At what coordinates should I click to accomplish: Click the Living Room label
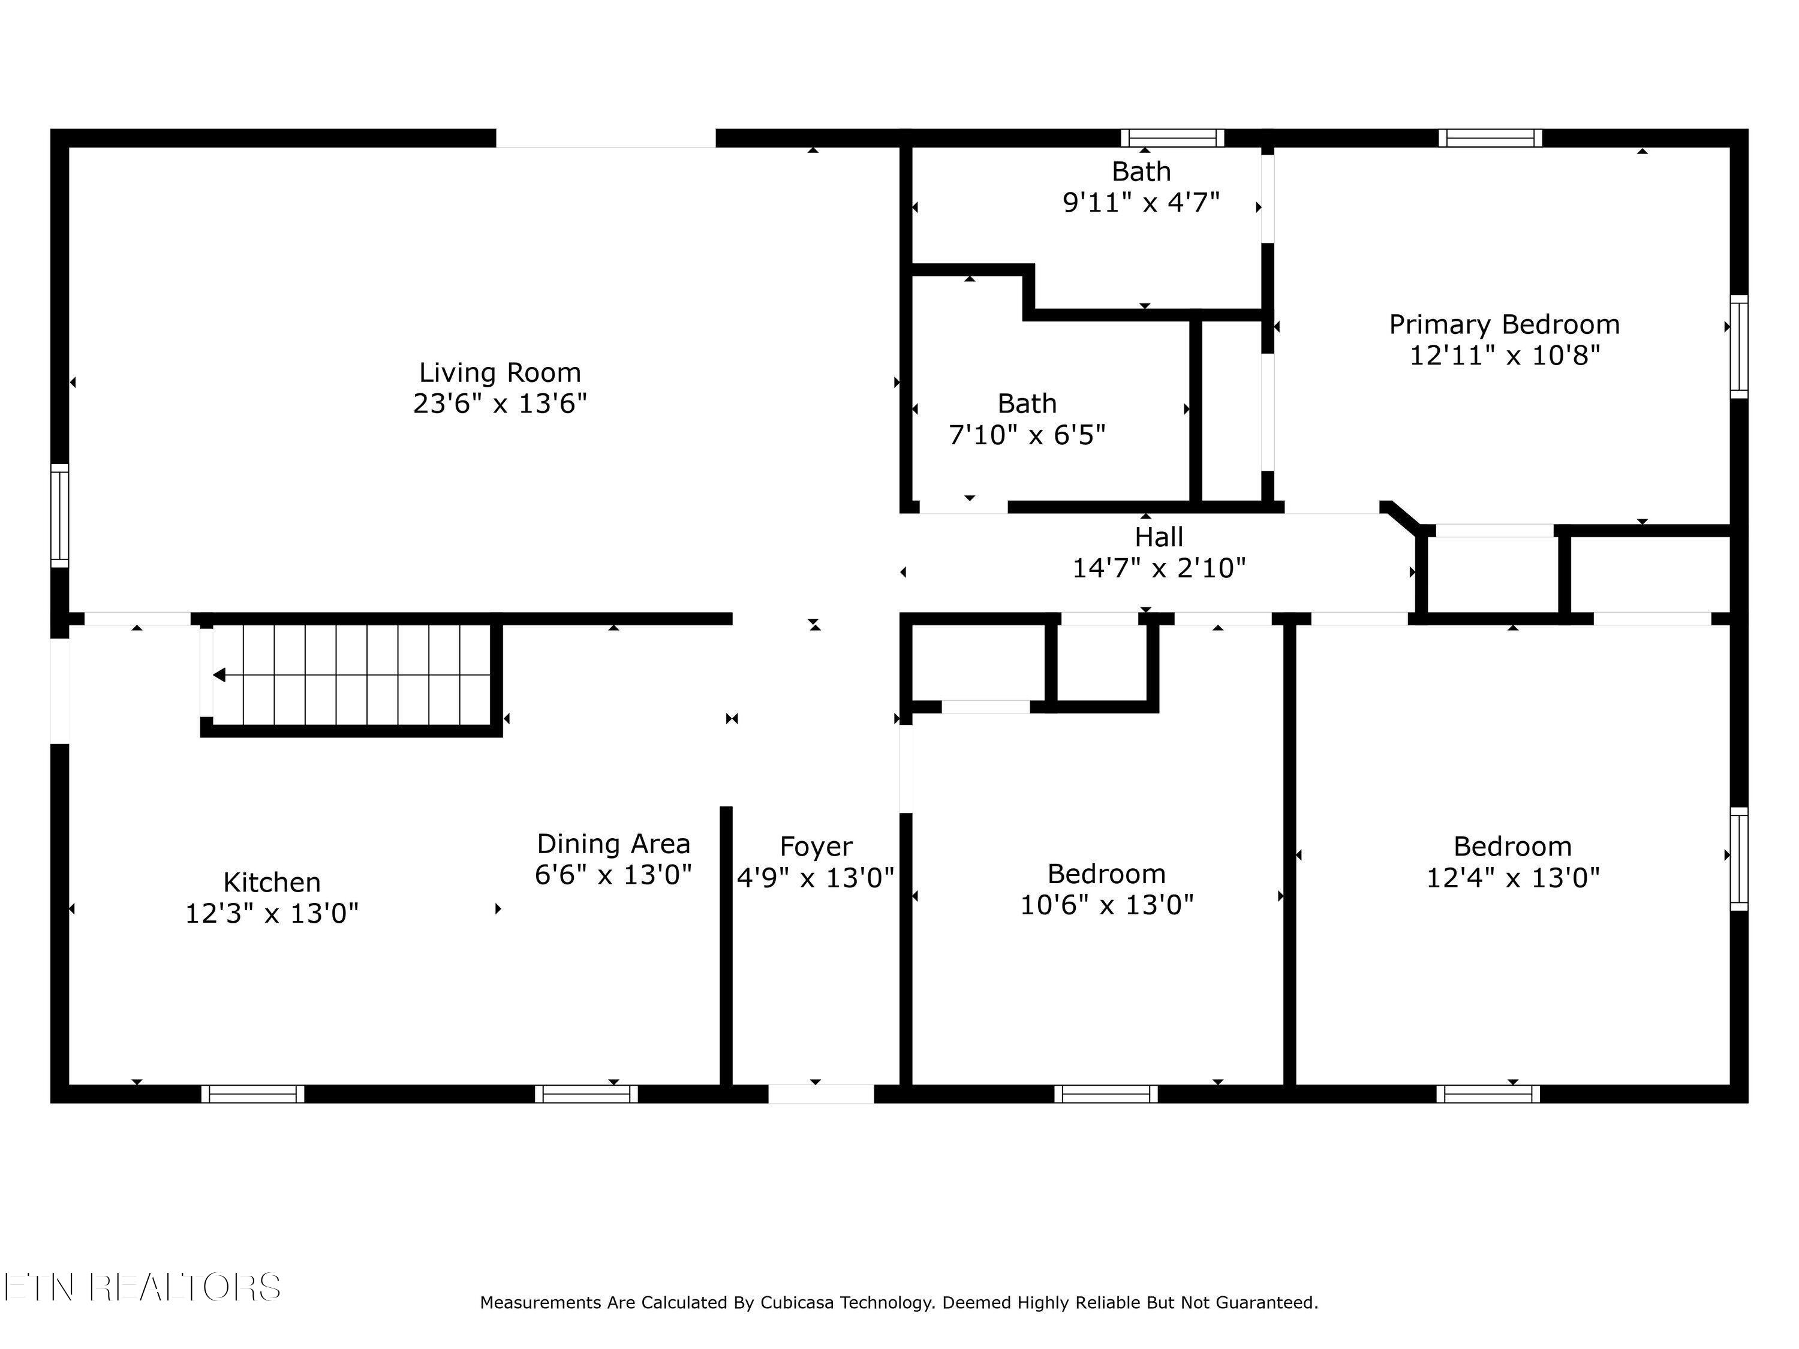pos(500,372)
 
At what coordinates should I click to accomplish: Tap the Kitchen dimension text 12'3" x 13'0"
pos(272,913)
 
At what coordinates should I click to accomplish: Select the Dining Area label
pos(613,843)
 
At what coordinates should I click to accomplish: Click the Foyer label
pos(816,847)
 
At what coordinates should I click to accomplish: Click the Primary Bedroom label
pos(1504,324)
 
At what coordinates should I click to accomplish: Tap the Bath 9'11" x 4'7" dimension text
pos(1141,201)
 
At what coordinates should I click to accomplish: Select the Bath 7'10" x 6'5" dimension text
pos(1027,435)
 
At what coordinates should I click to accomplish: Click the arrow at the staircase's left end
pos(219,675)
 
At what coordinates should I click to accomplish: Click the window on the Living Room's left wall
pos(59,516)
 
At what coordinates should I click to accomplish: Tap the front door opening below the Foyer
pos(820,1094)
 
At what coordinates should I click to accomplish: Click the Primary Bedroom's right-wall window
pos(1738,347)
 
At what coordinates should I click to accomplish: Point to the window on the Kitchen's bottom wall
pos(253,1094)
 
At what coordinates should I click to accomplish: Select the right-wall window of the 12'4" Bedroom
pos(1738,859)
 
